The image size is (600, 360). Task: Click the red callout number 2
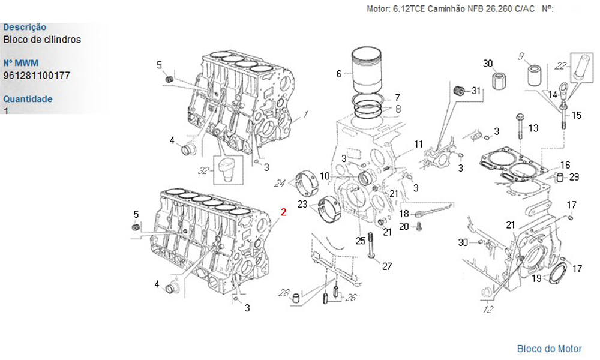pyautogui.click(x=284, y=212)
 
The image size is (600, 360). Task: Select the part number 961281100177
pyautogui.click(x=37, y=76)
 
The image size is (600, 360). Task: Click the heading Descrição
pyautogui.click(x=25, y=27)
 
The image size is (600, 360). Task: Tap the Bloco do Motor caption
pyautogui.click(x=550, y=349)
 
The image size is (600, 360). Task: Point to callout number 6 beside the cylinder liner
pyautogui.click(x=339, y=74)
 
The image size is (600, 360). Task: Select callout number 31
pyautogui.click(x=476, y=91)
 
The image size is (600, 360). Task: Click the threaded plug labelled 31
pyautogui.click(x=460, y=91)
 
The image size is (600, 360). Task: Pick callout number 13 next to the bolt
pyautogui.click(x=533, y=128)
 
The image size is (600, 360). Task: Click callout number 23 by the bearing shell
pyautogui.click(x=302, y=205)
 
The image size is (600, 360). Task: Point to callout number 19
pyautogui.click(x=537, y=278)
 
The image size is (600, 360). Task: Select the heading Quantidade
pyautogui.click(x=28, y=99)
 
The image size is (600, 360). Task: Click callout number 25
pyautogui.click(x=360, y=241)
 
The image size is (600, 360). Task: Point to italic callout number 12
pyautogui.click(x=488, y=310)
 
